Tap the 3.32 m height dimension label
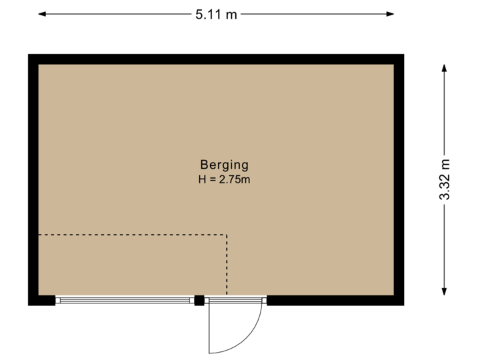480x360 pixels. pyautogui.click(x=445, y=179)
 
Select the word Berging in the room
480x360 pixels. pyautogui.click(x=224, y=165)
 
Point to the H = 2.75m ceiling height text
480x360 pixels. pyautogui.click(x=224, y=179)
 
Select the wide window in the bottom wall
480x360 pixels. pyautogui.click(x=125, y=301)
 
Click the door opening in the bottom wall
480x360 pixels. pyautogui.click(x=235, y=301)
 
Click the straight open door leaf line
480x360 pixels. pyautogui.click(x=210, y=329)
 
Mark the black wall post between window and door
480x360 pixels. pyautogui.click(x=199, y=301)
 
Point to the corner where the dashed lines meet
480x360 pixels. pyautogui.click(x=227, y=235)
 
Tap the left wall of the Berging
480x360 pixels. pyautogui.click(x=33, y=180)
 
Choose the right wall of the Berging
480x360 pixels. pyautogui.click(x=399, y=180)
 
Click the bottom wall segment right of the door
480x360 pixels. pyautogui.click(x=333, y=301)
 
